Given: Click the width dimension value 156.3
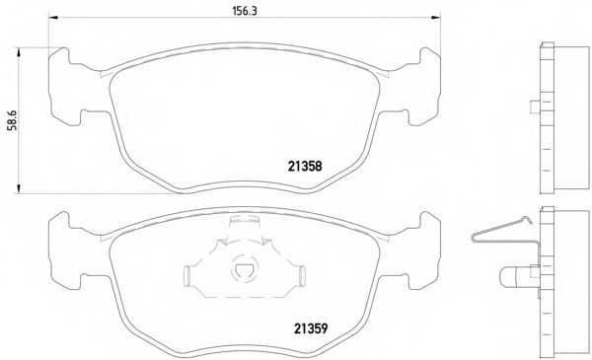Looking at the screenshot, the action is click(245, 11).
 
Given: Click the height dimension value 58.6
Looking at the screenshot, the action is click(13, 120).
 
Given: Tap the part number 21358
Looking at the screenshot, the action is click(305, 166).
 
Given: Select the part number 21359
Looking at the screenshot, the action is click(311, 328).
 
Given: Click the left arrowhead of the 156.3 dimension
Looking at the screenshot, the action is click(53, 18).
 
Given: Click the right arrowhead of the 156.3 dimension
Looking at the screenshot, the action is click(436, 18).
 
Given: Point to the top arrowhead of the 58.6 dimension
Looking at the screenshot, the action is click(18, 52).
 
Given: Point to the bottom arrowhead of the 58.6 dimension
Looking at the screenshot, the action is click(18, 189).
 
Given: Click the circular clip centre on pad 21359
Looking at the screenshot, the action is click(244, 268).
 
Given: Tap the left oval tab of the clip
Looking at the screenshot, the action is click(187, 275).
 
